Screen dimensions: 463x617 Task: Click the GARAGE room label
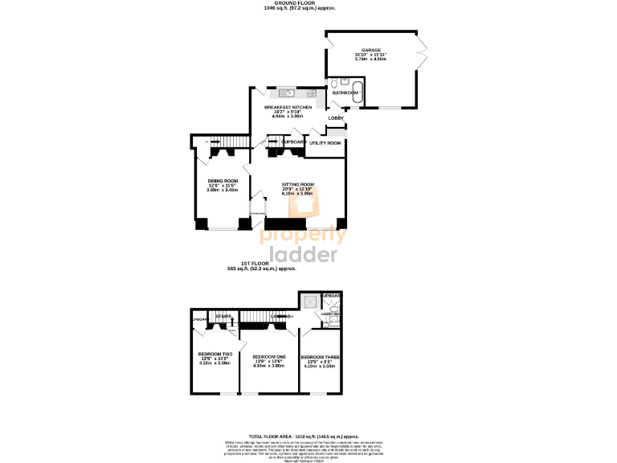click(370, 50)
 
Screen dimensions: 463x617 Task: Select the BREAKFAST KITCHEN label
click(288, 107)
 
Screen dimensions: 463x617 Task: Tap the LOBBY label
click(335, 118)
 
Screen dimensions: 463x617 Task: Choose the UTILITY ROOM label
click(325, 142)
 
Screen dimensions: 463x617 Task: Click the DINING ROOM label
click(223, 180)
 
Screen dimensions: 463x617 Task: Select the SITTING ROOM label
click(297, 184)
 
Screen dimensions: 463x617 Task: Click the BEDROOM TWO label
click(215, 354)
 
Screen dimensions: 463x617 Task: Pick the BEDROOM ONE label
click(269, 356)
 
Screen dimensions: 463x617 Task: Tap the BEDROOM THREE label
click(319, 357)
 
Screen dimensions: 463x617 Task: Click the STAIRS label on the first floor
click(223, 317)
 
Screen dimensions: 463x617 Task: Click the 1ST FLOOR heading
click(262, 264)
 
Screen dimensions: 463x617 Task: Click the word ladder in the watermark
click(303, 255)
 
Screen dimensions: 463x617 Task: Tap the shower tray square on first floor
click(308, 302)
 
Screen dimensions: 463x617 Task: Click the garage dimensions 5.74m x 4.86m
click(370, 59)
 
